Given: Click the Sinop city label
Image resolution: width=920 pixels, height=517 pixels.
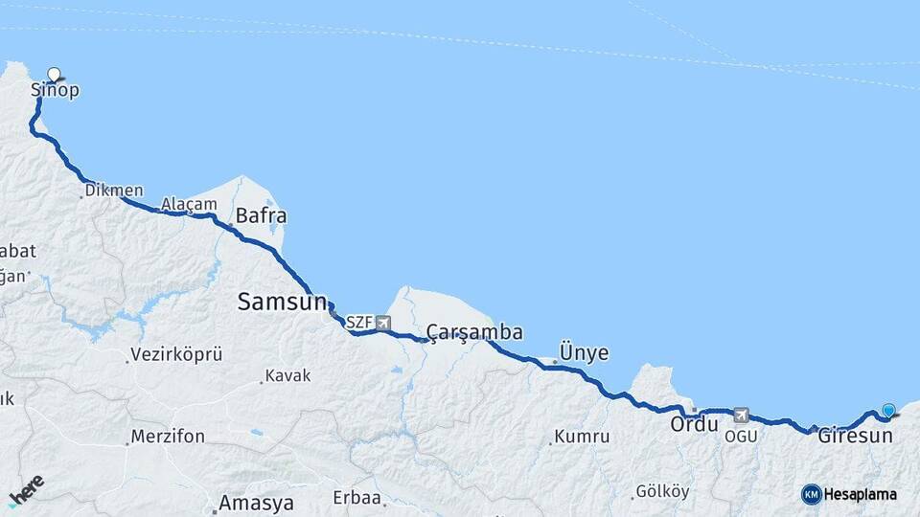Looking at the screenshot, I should pos(55,91).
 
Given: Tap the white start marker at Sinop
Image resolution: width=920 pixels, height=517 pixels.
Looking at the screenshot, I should pos(54,74).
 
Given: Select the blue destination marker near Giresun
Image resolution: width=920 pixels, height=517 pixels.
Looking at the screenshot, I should pos(888,411).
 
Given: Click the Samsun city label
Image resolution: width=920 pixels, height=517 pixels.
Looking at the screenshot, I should pos(282,303).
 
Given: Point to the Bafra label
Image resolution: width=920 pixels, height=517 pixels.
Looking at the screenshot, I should pos(261,215).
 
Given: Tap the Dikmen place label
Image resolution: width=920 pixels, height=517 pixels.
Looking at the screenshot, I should pos(114,191).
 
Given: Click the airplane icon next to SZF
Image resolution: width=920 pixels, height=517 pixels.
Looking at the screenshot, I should pos(383,323).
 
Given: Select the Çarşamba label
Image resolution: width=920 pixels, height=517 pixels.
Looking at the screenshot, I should pos(474,332).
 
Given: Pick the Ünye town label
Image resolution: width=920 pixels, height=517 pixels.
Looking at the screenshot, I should pos(584,352).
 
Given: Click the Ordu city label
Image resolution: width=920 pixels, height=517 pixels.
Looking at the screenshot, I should pos(694,423).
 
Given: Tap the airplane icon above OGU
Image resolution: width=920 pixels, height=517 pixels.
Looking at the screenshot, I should pos(741,416).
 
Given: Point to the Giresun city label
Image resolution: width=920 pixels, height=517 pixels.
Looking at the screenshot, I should pos(855,435).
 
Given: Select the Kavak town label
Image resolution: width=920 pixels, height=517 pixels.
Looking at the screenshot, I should pos(288,376).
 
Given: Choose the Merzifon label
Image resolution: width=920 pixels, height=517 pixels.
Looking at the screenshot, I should pos(168,437).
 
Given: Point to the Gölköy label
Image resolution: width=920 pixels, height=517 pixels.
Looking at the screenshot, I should pos(662,491).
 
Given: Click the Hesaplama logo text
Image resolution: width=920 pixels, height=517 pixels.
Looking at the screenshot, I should pos(860,495).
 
